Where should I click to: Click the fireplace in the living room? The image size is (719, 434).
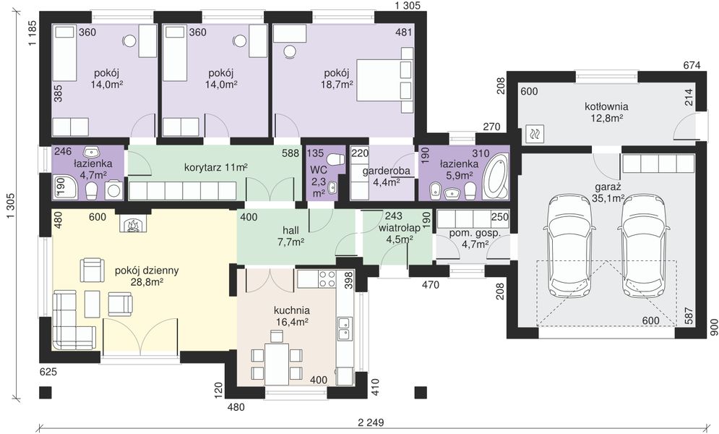tap(133, 224)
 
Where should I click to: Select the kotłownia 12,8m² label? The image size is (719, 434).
tap(606, 112)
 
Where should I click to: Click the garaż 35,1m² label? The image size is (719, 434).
tap(608, 192)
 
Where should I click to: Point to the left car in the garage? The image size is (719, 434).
tap(569, 245)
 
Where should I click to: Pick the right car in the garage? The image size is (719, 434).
tap(643, 245)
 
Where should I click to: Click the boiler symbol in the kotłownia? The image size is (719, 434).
tap(535, 134)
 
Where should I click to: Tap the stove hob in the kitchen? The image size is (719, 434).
tap(327, 278)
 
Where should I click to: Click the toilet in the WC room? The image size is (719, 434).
tap(335, 158)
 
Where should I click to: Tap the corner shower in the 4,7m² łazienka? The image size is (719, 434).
tap(65, 187)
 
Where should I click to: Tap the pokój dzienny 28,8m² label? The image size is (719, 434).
tap(147, 276)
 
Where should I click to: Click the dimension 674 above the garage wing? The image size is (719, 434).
tap(692, 66)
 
